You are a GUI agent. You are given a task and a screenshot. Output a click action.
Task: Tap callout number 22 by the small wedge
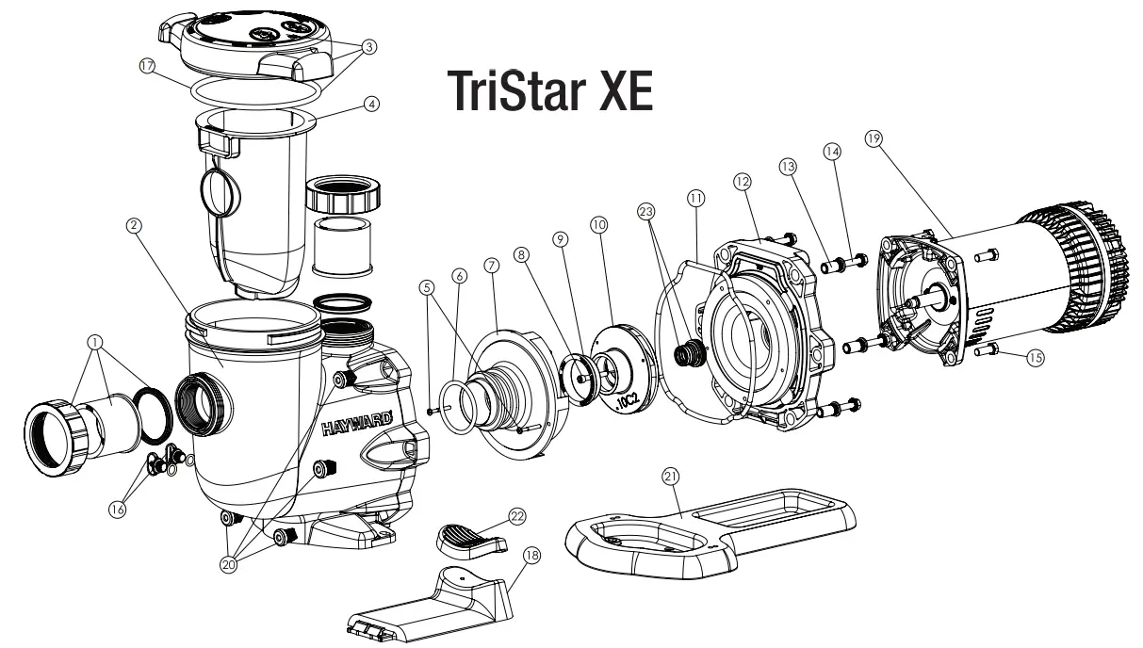pyautogui.click(x=516, y=515)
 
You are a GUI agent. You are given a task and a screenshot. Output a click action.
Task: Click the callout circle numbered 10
pyautogui.click(x=598, y=225)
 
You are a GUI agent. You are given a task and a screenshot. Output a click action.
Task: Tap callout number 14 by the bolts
pyautogui.click(x=831, y=149)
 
